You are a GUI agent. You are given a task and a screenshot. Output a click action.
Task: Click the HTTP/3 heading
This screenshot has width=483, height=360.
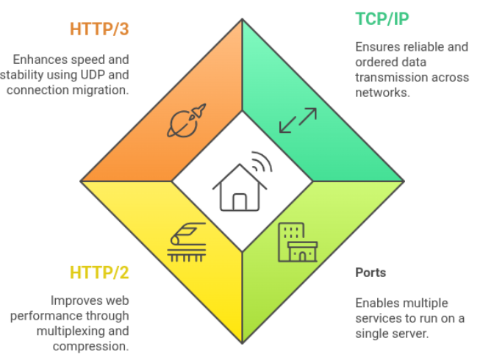pos(99,29)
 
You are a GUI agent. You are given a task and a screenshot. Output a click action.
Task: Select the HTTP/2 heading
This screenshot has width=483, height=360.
pos(99,273)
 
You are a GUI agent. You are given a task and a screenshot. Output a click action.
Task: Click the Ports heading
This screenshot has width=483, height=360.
pos(371,273)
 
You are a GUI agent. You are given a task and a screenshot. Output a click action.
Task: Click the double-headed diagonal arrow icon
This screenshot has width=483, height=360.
pos(298,121)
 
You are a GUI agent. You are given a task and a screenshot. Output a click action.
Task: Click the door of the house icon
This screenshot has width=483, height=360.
pos(240,201)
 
